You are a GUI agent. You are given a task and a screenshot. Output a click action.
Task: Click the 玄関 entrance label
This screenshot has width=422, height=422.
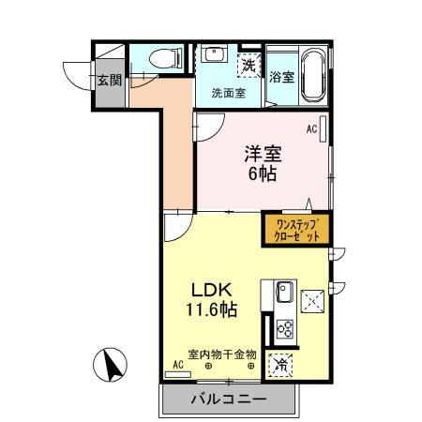109,80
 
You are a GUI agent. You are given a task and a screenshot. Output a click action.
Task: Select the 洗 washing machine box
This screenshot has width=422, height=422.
249,66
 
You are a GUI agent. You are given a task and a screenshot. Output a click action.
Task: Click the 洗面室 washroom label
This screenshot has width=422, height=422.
228,93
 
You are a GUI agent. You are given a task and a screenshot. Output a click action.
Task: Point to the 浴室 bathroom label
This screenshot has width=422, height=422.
282,77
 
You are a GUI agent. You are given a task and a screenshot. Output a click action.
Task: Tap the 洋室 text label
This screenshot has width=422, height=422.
263,152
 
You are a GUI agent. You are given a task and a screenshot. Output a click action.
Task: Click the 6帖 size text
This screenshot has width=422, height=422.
264,173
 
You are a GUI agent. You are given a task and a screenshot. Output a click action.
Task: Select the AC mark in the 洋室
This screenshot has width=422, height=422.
311,128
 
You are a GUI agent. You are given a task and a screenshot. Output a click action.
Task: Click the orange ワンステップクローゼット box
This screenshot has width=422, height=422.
295,230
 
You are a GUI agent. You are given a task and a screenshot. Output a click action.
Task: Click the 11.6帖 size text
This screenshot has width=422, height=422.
210,309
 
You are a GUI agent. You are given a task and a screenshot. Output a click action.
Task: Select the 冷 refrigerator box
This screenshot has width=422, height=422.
280,366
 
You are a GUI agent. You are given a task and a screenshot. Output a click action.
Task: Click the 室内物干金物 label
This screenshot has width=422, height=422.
222,354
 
